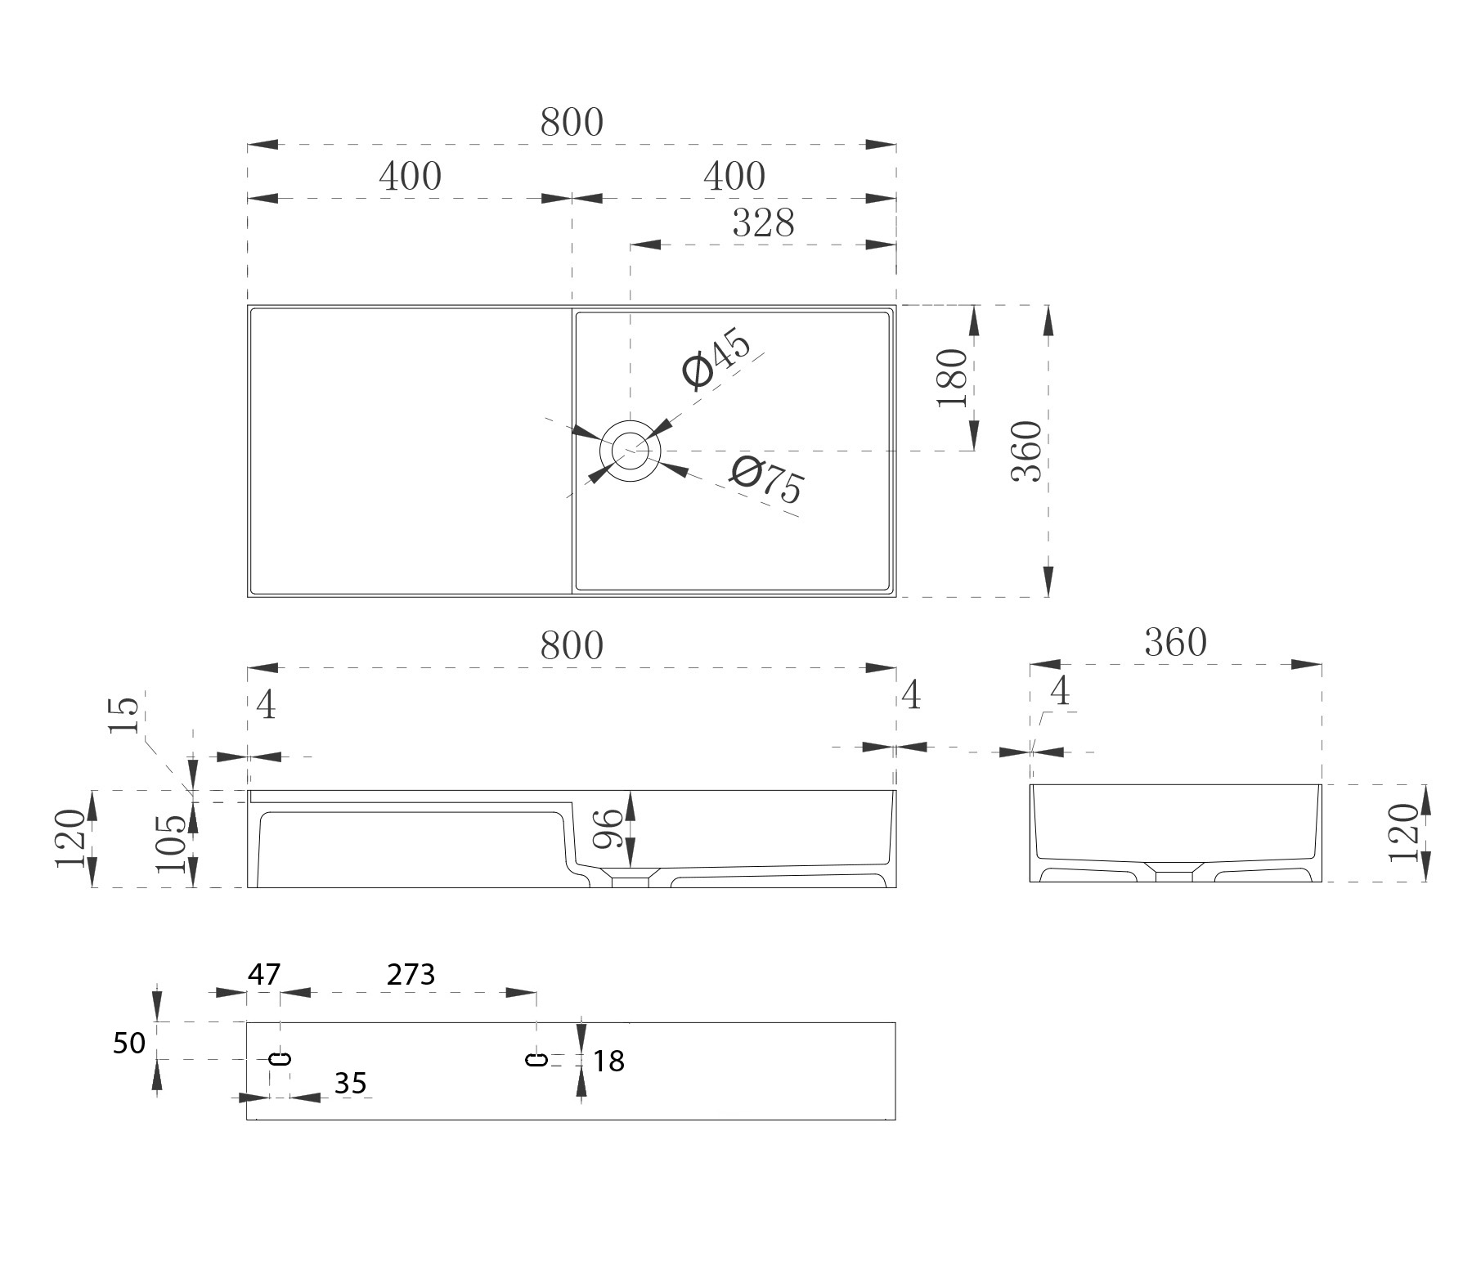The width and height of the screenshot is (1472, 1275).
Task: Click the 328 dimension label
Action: point(763,223)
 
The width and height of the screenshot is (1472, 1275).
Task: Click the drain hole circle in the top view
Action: point(630,450)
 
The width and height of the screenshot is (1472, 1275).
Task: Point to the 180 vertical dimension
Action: point(954,377)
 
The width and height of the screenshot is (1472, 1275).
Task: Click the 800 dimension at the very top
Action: point(572,123)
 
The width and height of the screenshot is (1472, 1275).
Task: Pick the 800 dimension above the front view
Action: point(572,646)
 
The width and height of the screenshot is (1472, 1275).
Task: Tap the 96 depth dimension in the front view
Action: point(608,830)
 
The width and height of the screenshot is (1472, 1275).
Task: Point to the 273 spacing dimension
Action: point(411,974)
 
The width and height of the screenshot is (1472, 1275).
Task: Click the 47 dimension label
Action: point(264,974)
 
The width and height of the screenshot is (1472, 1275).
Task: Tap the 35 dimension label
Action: point(350,1083)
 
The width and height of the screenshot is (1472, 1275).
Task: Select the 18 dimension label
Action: point(608,1062)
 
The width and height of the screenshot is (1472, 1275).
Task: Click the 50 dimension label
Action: point(128,1043)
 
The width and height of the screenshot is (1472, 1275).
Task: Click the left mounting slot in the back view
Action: point(280,1059)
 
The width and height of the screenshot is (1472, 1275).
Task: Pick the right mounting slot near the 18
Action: point(536,1060)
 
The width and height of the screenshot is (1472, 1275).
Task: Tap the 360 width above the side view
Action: point(1175,644)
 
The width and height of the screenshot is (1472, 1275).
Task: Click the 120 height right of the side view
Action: point(1403,832)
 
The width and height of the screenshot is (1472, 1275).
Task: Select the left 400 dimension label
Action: point(410,176)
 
